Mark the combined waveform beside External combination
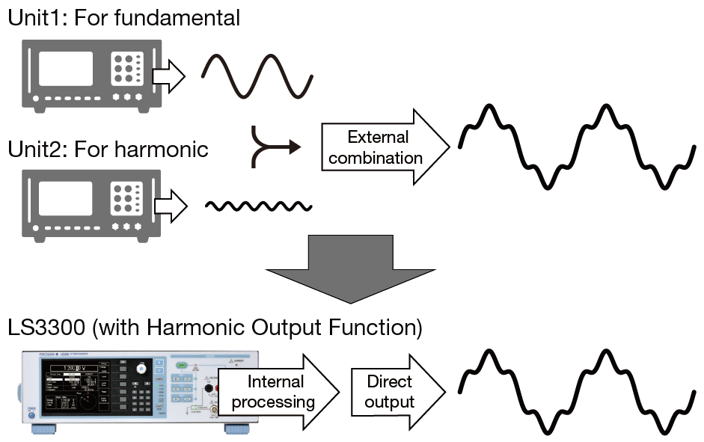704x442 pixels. tap(576, 146)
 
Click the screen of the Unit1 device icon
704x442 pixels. tap(65, 69)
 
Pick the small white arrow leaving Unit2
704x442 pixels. tap(169, 206)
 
